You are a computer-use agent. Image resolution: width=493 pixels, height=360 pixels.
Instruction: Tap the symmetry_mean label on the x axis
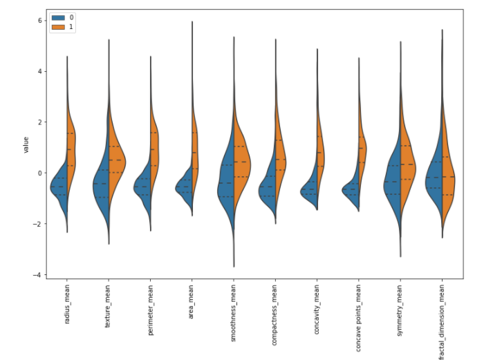click(401, 309)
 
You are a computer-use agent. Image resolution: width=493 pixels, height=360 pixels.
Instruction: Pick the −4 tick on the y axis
click(39, 275)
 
